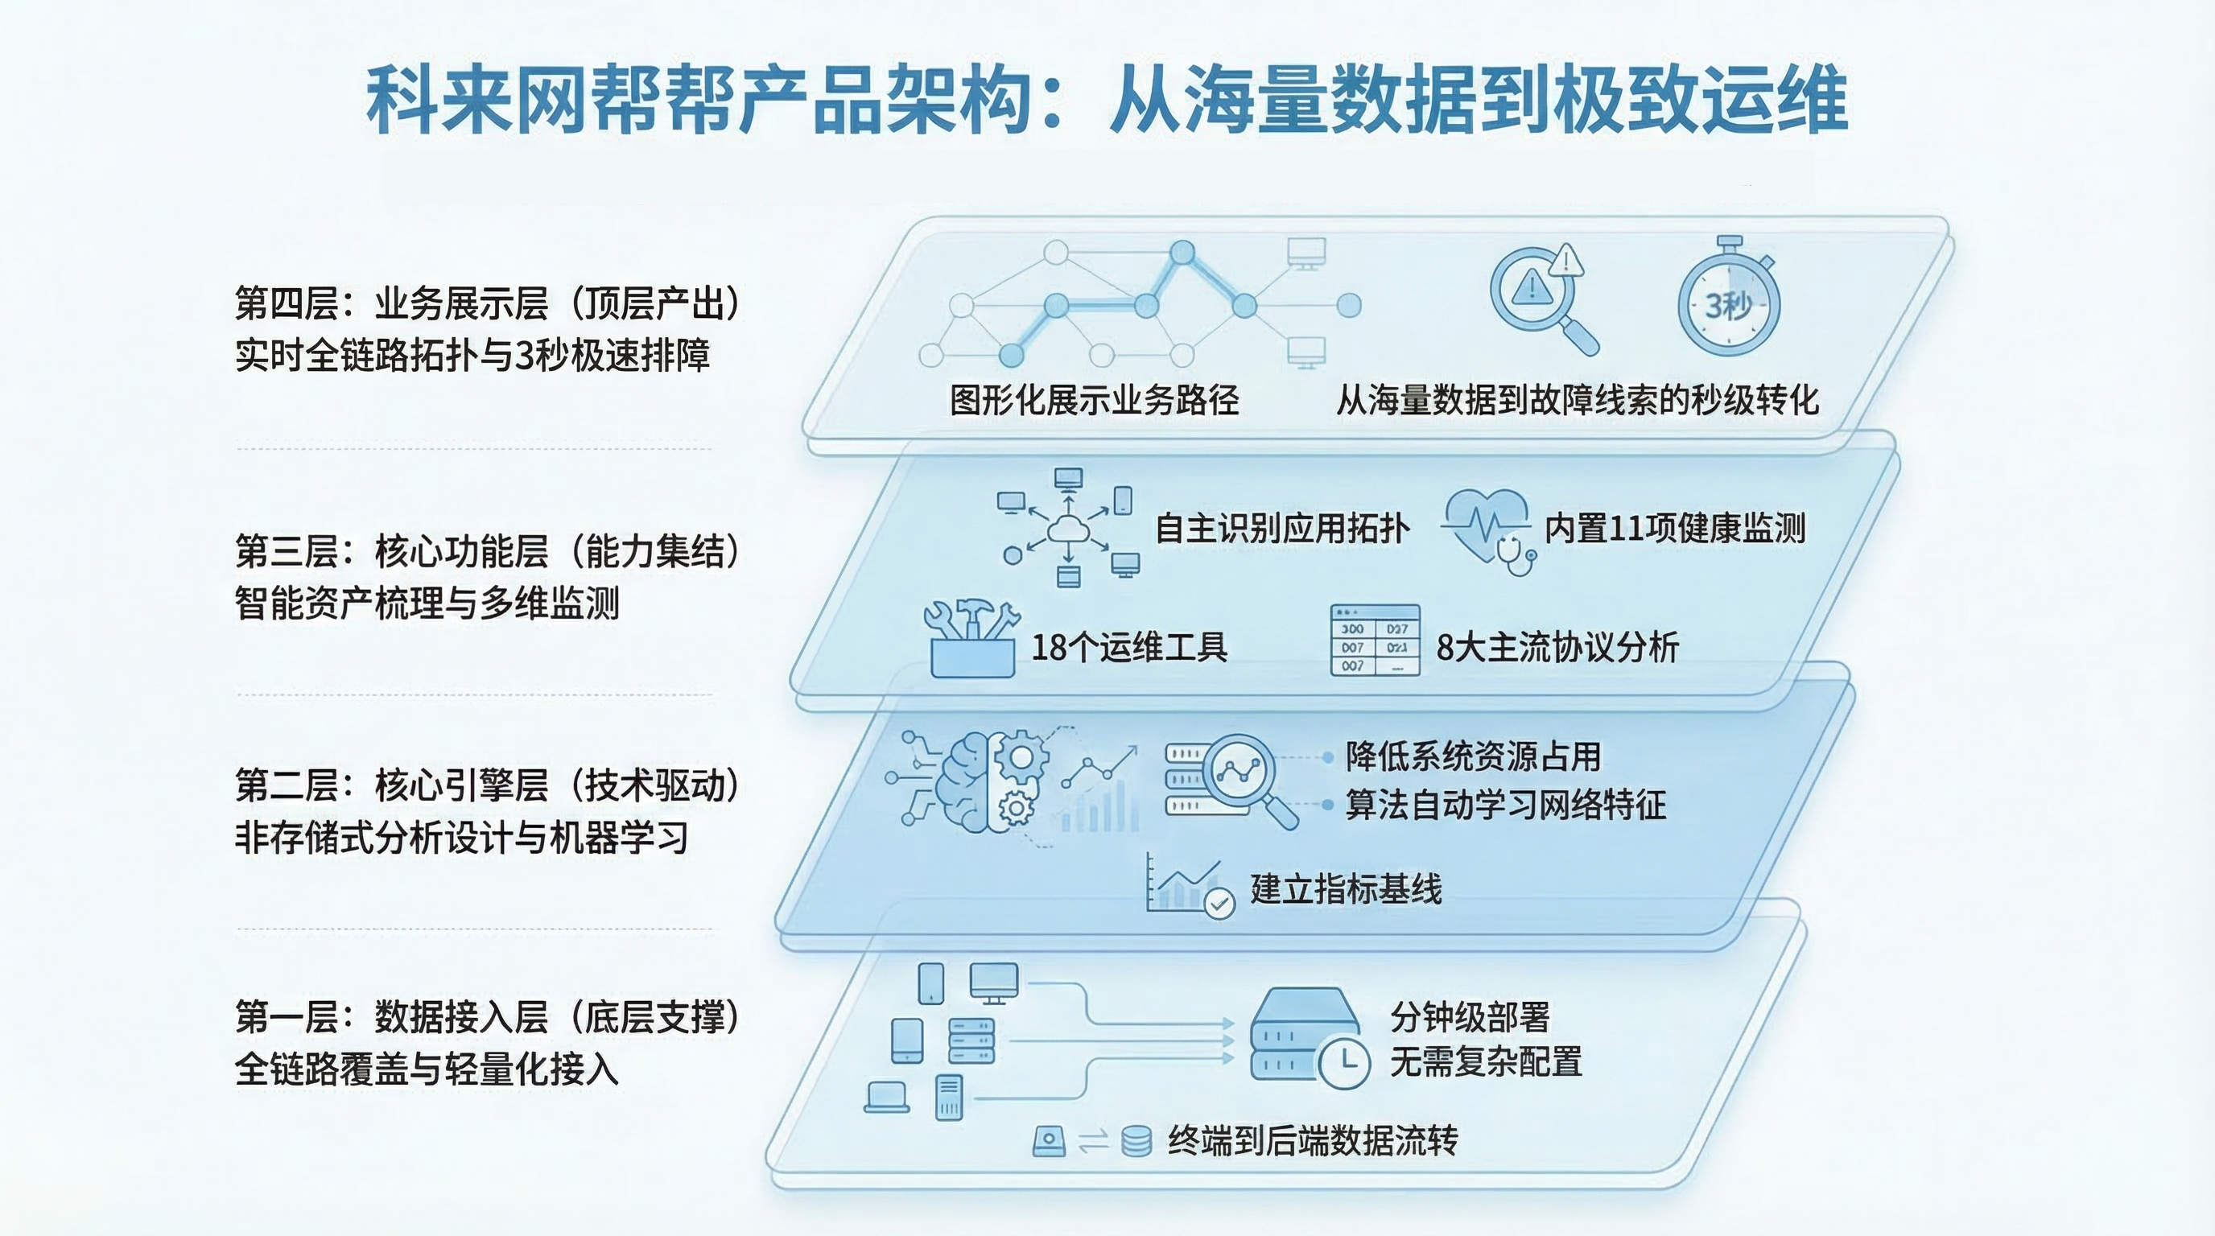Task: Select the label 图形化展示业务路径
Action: point(1094,400)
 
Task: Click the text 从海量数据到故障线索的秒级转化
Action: point(1577,400)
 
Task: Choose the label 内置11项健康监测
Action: point(1674,528)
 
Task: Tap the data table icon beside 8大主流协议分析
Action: point(1374,640)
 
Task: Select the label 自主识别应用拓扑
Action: point(1281,528)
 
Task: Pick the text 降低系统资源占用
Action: point(1473,756)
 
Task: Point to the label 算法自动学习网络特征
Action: point(1505,805)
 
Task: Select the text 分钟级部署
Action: point(1470,1018)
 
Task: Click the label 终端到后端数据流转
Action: point(1312,1140)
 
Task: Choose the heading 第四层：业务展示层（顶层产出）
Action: point(487,303)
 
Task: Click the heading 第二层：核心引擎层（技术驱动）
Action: point(487,785)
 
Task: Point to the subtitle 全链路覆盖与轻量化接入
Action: point(427,1070)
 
